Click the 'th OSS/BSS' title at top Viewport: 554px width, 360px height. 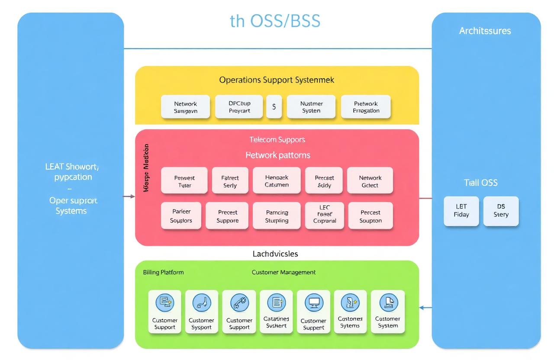click(275, 21)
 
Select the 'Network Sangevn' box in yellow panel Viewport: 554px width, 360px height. click(185, 107)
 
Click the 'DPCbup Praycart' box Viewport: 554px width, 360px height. click(239, 107)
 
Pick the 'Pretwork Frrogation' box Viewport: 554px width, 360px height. click(366, 107)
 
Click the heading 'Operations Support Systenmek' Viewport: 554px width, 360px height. click(277, 80)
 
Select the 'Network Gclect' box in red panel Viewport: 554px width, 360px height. click(370, 181)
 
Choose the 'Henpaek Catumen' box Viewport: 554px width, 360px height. click(276, 181)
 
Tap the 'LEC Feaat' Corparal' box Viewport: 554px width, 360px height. click(324, 215)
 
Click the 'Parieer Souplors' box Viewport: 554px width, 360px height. click(181, 215)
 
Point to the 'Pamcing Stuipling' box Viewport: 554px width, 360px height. click(277, 215)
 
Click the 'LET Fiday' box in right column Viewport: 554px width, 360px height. click(461, 211)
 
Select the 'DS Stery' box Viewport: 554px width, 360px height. click(501, 211)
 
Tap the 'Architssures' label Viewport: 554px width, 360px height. click(485, 31)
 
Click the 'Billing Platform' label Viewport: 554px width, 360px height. click(163, 272)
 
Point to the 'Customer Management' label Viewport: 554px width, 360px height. click(283, 272)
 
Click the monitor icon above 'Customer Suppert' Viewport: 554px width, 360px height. click(314, 302)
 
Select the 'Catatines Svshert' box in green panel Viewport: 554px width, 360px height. click(276, 312)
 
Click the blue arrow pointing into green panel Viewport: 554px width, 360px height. click(425, 308)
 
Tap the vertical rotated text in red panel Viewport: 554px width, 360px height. click(146, 168)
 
